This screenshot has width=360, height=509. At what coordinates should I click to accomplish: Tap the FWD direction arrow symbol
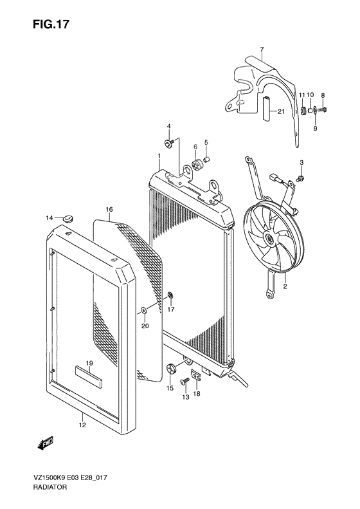coord(46,443)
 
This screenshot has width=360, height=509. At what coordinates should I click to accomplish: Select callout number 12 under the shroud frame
coord(82,425)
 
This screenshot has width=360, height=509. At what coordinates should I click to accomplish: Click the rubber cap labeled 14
coord(67,219)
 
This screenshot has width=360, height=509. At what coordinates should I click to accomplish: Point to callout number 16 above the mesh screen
coord(109,210)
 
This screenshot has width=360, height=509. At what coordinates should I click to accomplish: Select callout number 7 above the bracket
coord(262,50)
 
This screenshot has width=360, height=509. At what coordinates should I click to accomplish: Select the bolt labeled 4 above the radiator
coord(168,143)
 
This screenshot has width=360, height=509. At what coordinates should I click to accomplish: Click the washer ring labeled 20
coord(144,312)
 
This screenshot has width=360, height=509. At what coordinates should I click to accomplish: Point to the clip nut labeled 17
coord(171,297)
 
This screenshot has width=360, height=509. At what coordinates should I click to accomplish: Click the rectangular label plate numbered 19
coord(89,375)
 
